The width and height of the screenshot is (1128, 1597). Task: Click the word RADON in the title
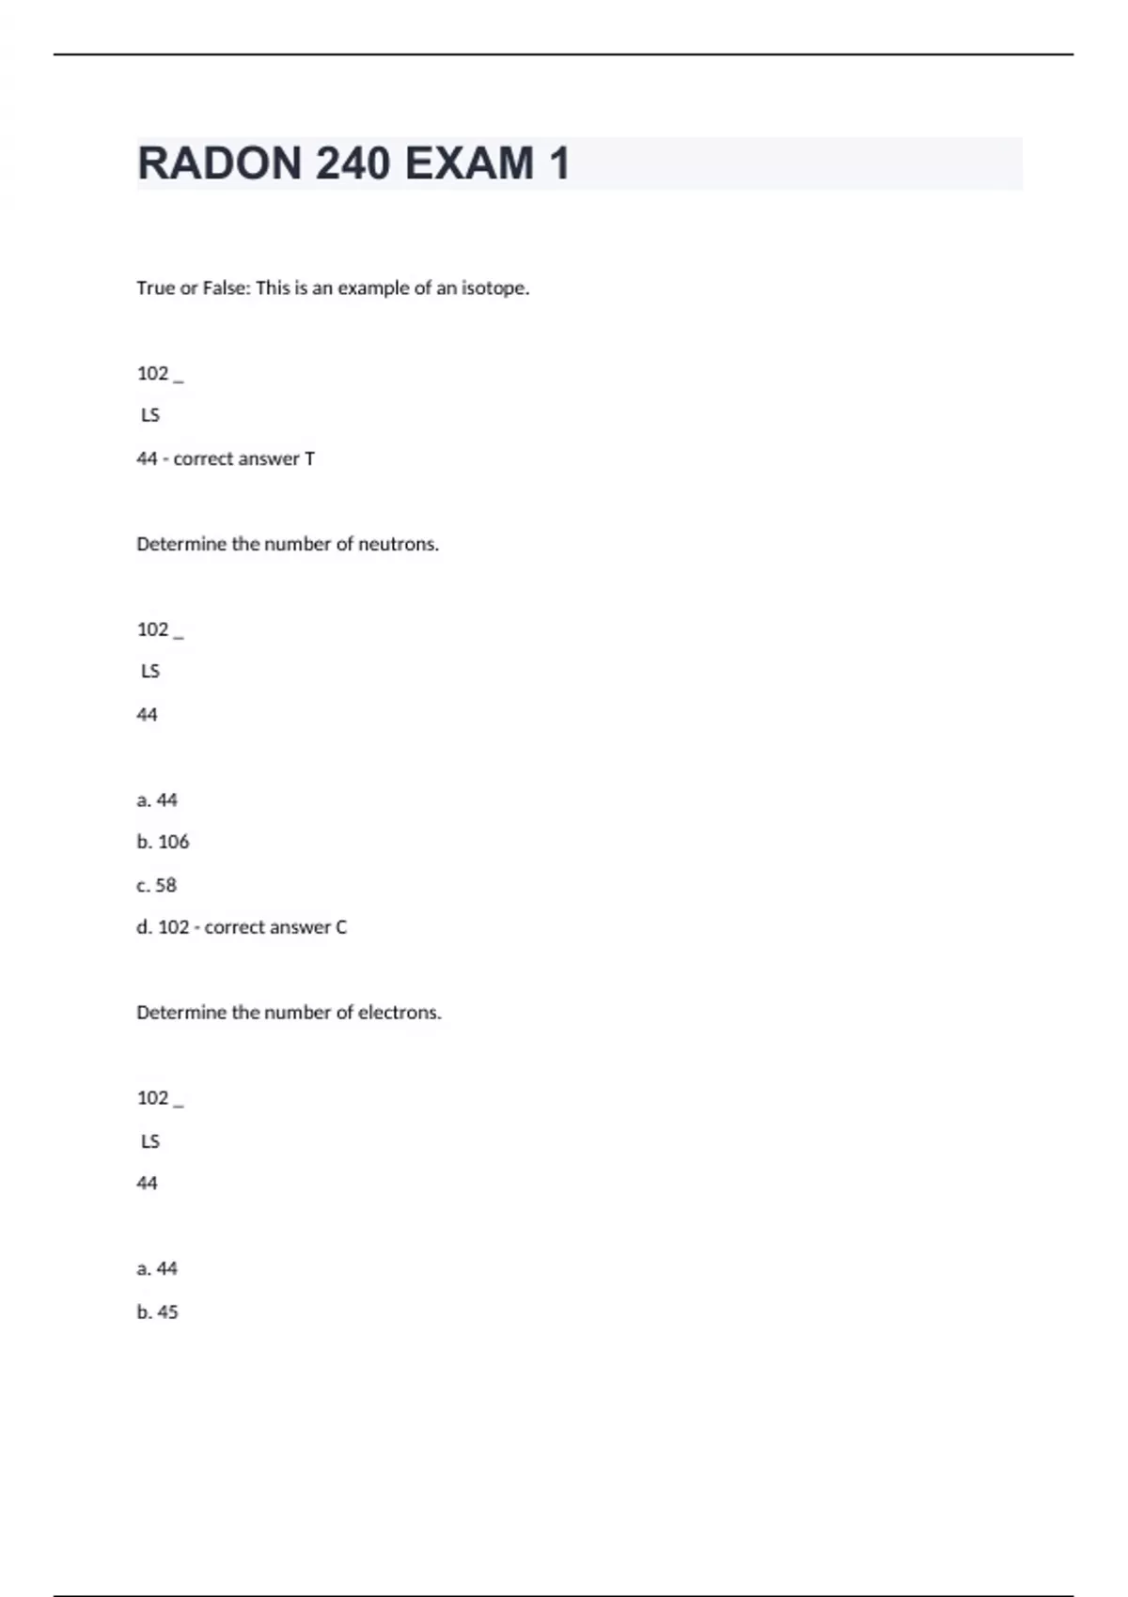[220, 163]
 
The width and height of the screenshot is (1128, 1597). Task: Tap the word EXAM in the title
[469, 163]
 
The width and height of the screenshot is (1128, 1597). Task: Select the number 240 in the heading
[352, 163]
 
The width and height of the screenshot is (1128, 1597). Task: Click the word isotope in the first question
[494, 288]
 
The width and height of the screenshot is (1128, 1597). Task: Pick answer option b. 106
[163, 842]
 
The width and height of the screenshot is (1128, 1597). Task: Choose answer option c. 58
[156, 885]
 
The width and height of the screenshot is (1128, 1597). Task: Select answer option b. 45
[157, 1311]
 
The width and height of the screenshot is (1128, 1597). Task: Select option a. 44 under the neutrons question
[156, 800]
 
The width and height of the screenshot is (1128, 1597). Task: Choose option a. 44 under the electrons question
[156, 1269]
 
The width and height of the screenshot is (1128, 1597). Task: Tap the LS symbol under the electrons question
[150, 1141]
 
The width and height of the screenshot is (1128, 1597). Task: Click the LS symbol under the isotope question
[150, 415]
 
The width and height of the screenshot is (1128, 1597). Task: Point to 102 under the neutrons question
[152, 629]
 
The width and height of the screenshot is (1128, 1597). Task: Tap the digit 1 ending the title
[559, 163]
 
